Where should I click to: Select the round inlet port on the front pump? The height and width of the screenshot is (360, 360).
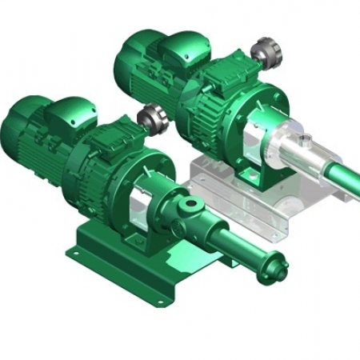tap(190, 205)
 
